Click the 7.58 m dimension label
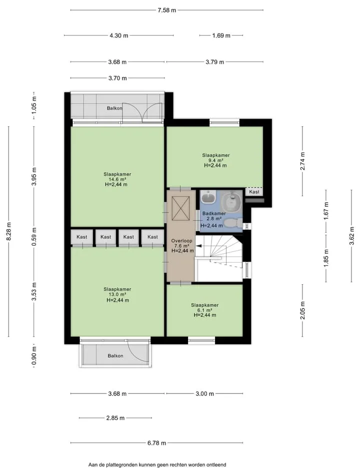point(166,10)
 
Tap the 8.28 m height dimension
point(9,231)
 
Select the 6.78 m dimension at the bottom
point(156,443)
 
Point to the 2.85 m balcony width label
point(115,418)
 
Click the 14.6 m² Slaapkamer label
point(117,179)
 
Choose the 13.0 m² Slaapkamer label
point(117,295)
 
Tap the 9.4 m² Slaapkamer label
point(215,160)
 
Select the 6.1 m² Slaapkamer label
point(205,310)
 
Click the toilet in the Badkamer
point(233,223)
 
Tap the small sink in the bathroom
point(208,197)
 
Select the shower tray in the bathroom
point(231,200)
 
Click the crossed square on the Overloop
point(180,208)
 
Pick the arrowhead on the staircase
point(198,246)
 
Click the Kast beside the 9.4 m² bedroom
point(254,192)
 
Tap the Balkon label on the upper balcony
point(114,108)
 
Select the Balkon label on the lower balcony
point(115,356)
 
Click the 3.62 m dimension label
point(351,236)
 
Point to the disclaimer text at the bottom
point(157,464)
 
